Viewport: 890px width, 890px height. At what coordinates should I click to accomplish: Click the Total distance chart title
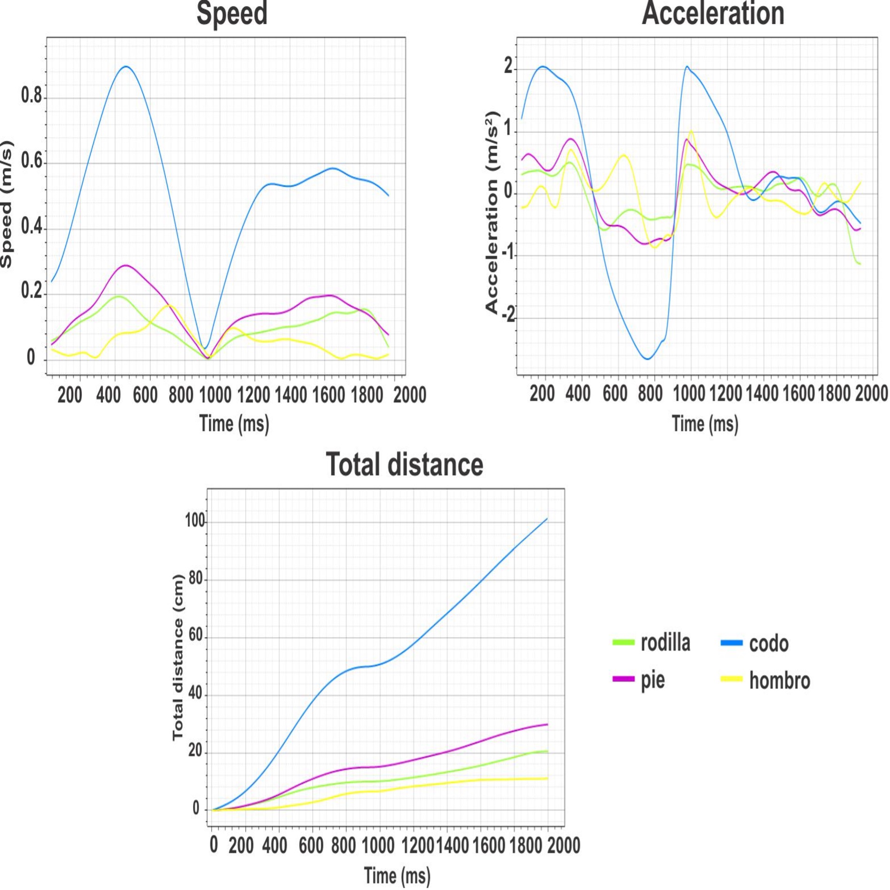[404, 464]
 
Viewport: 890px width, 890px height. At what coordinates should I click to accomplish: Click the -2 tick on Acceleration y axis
[508, 314]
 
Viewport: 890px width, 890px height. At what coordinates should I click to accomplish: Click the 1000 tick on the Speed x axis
[215, 395]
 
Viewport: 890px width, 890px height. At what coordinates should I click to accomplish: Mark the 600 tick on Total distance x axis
[311, 845]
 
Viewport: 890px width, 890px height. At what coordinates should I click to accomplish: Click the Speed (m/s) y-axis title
[7, 205]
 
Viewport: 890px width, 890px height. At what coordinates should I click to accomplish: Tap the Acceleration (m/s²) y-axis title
[491, 212]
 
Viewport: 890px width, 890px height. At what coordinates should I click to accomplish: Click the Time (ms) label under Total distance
[397, 876]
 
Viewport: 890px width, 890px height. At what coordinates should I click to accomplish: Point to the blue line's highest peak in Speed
[125, 67]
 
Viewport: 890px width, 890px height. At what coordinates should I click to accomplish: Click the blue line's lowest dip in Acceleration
[648, 359]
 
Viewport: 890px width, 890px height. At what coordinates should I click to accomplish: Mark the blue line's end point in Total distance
[547, 519]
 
